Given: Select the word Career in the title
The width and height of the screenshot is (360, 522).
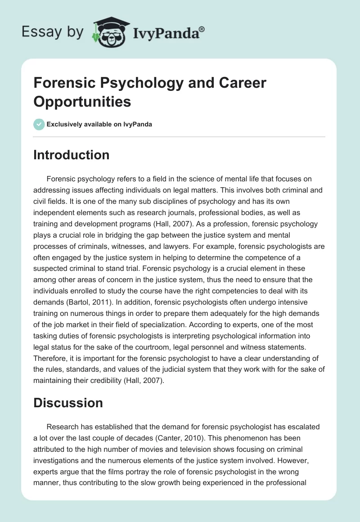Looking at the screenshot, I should coord(239,83).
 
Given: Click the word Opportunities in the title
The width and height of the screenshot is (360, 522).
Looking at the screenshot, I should coord(82,102).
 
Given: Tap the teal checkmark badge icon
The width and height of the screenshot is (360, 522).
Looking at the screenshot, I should coord(39,124).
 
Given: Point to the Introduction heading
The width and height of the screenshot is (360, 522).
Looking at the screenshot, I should coord(72,155).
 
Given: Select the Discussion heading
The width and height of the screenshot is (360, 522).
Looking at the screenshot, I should coord(68,402).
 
